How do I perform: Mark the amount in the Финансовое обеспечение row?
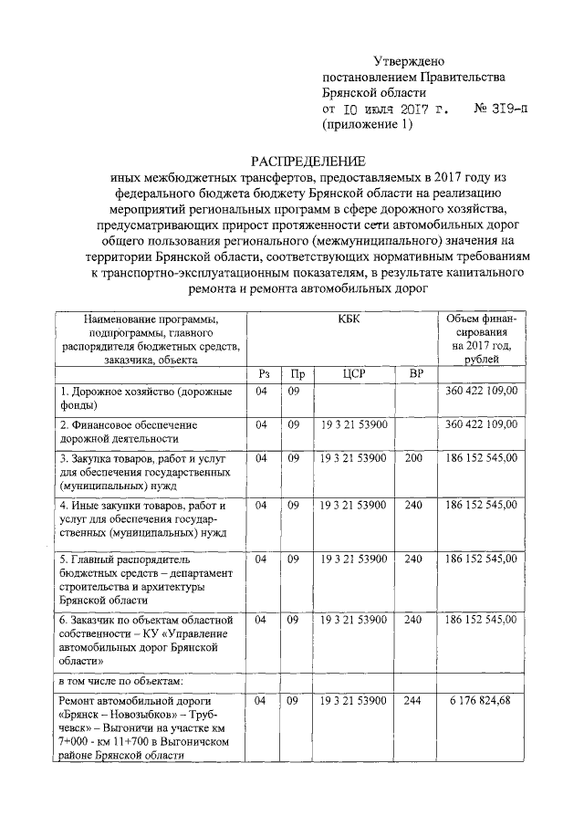coord(481,424)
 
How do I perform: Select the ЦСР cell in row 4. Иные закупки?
coord(354,505)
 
